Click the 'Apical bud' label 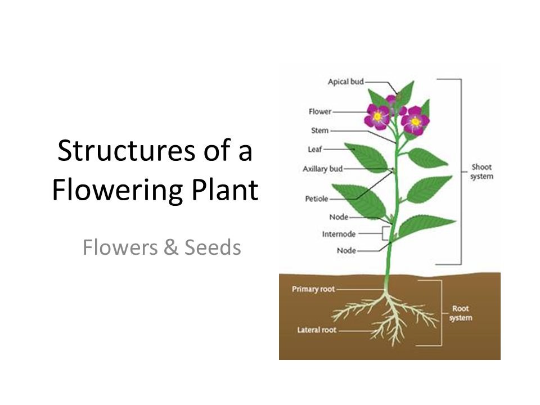click(345, 82)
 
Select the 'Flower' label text click(320, 111)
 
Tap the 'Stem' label click(320, 130)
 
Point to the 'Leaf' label click(315, 149)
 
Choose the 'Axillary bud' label click(323, 169)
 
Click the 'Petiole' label click(317, 199)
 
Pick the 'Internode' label click(339, 234)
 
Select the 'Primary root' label click(313, 289)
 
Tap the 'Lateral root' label click(317, 330)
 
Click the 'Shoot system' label click(481, 172)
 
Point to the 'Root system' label click(461, 313)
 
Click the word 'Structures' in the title click(126, 151)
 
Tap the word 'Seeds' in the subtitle click(213, 247)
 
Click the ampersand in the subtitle click(171, 247)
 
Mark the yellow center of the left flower click(377, 116)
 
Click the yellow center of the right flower click(415, 121)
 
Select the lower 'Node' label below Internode click(346, 250)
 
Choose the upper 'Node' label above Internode click(339, 217)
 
